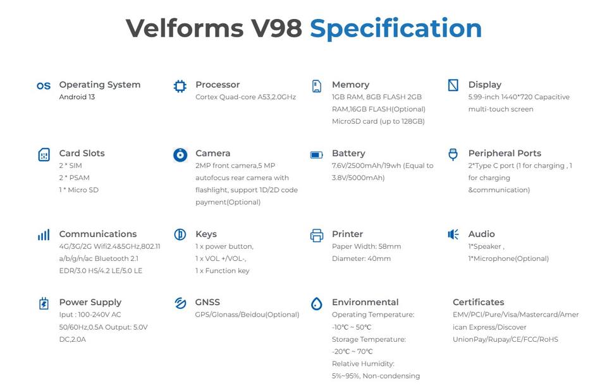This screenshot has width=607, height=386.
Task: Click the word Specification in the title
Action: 396,28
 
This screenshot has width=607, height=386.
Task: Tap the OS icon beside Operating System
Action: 44,86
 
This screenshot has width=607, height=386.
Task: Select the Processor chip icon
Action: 180,86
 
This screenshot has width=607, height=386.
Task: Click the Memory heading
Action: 350,85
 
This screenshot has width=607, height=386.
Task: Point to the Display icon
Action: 453,85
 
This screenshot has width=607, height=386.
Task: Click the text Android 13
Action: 77,97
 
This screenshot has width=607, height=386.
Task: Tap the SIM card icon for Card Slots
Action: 44,155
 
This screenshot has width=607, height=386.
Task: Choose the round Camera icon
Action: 180,155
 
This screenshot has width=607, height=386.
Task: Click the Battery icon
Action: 317,155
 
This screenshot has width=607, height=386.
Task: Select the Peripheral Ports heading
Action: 505,154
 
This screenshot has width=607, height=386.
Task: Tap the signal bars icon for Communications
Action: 44,235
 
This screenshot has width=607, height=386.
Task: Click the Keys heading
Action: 206,234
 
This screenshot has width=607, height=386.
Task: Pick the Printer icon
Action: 317,236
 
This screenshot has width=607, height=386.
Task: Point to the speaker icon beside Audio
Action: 453,235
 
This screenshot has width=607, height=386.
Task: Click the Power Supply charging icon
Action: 44,303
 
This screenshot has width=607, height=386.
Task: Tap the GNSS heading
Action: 207,303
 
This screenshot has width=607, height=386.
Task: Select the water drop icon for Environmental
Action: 317,304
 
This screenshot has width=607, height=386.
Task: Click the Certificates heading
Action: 478,303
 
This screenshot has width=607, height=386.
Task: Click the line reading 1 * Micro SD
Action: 79,190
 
